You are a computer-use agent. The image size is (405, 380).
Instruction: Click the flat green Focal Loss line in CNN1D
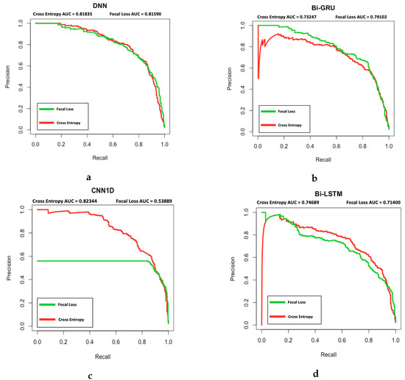click(x=88, y=261)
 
